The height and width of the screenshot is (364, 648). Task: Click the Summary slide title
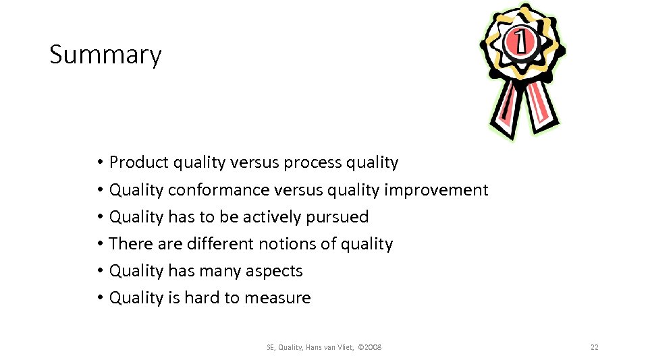[x=105, y=55]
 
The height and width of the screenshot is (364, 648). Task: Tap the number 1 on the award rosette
[x=521, y=42]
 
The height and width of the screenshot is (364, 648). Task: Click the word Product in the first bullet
[x=139, y=162]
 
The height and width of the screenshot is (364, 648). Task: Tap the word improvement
[x=436, y=190]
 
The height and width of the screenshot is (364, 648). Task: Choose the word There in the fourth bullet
[x=126, y=244]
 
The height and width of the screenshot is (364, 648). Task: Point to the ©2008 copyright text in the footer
[x=369, y=347]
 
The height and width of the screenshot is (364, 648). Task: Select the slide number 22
[x=594, y=347]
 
